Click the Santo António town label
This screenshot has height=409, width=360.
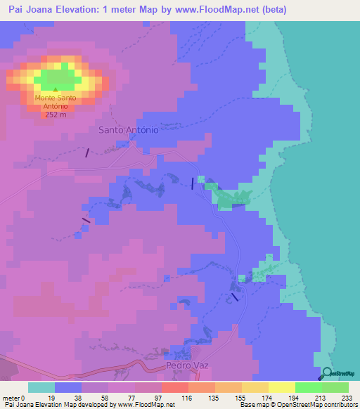tap(128, 130)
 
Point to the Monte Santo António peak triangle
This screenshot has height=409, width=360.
tap(56, 89)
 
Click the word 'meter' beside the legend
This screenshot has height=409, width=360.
tap(12, 398)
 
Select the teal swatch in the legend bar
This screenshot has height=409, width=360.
tap(41, 388)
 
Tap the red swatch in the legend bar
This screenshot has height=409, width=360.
tap(175, 388)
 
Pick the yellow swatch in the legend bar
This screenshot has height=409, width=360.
tap(282, 388)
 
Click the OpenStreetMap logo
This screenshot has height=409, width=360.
tap(338, 374)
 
